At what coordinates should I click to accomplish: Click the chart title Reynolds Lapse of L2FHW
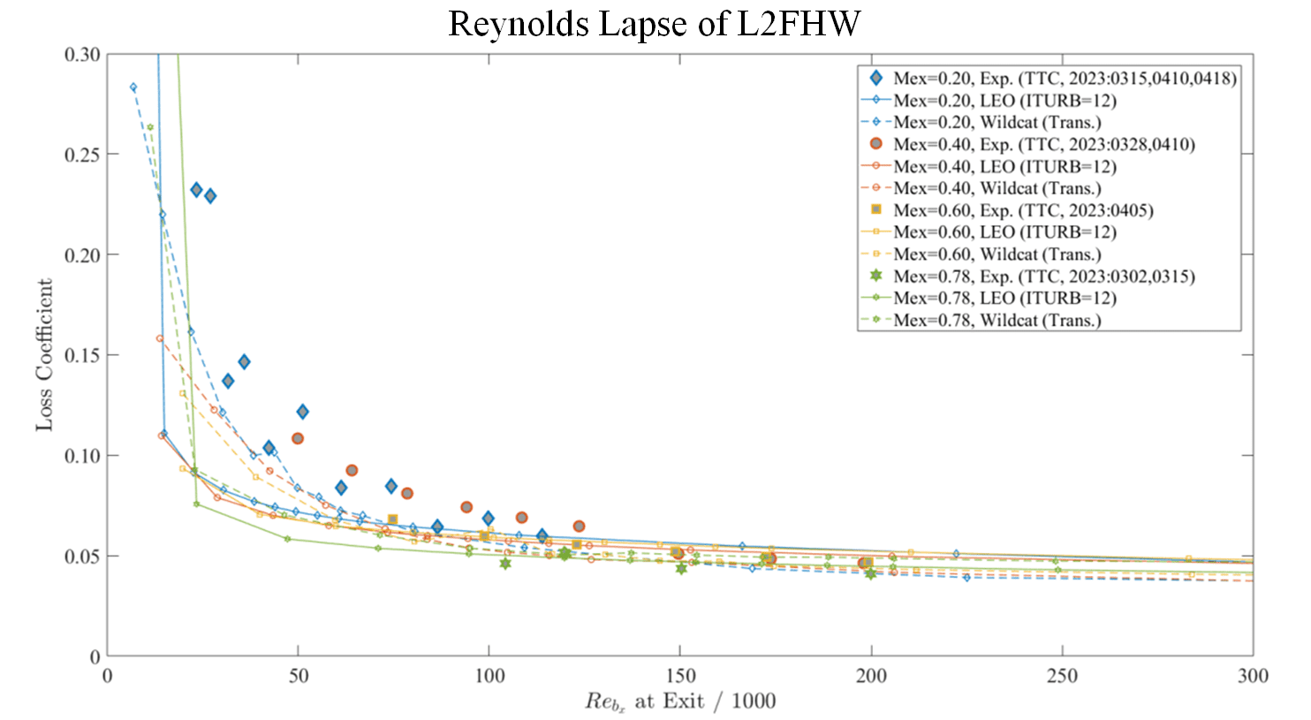[x=654, y=24]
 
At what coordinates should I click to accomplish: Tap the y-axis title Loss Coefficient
[x=44, y=355]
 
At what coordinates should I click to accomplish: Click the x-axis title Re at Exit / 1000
[x=679, y=702]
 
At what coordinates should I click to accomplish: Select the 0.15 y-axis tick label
[x=82, y=355]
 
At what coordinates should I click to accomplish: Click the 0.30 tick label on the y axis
[x=82, y=55]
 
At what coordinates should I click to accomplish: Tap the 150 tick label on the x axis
[x=679, y=677]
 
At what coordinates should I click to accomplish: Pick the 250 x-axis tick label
[x=1062, y=677]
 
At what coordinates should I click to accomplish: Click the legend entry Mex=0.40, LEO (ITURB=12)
[x=1004, y=166]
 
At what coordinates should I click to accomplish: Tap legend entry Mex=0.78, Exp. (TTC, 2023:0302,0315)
[x=1043, y=277]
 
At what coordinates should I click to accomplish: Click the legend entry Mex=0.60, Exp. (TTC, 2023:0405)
[x=1022, y=210]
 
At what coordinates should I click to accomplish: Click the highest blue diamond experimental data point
[x=196, y=190]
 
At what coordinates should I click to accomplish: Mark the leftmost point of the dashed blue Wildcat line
[x=133, y=87]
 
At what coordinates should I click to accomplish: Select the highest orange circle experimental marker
[x=298, y=438]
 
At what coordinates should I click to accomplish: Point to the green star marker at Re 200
[x=871, y=573]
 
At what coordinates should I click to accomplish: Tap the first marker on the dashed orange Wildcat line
[x=160, y=338]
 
